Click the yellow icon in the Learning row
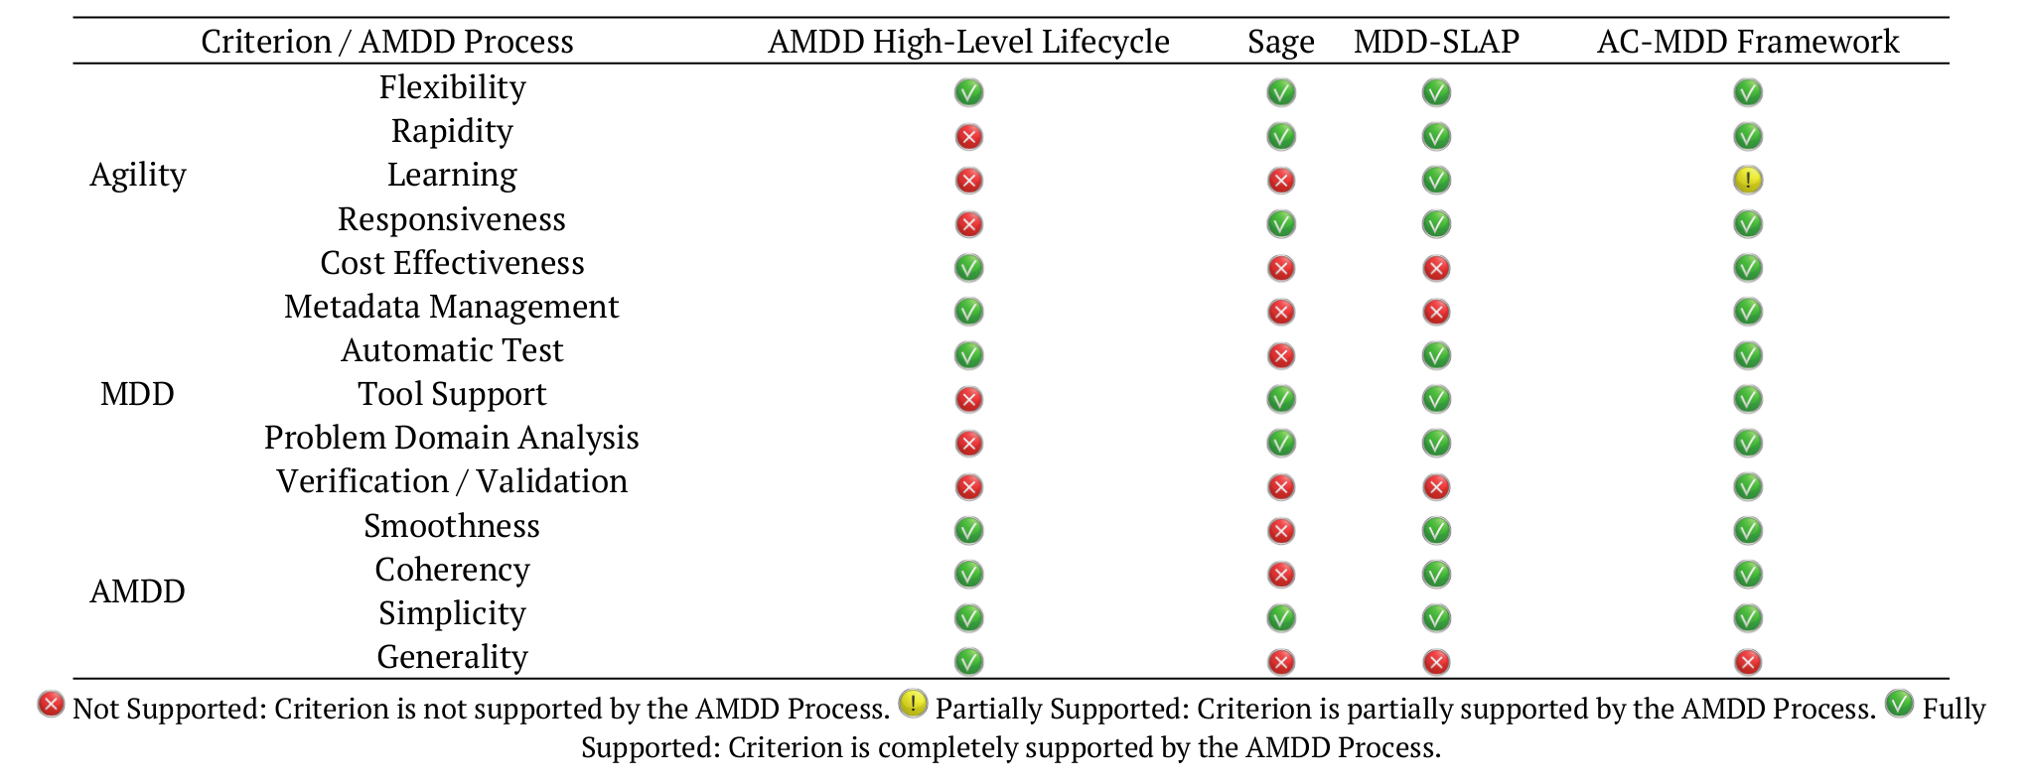tap(1747, 180)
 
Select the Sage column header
tap(1280, 42)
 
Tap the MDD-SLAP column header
tap(1435, 42)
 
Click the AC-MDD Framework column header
tap(1747, 42)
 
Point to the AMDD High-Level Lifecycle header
tap(968, 42)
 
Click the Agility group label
tap(138, 175)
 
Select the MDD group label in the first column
tap(138, 394)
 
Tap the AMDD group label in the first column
tap(138, 591)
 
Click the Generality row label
tap(452, 657)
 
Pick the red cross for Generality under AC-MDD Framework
tap(1747, 662)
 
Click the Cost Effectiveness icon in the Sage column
tap(1280, 268)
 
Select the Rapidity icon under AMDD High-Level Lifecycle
tap(968, 136)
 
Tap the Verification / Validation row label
tap(452, 481)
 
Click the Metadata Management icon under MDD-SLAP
tap(1435, 312)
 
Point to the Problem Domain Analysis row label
tap(452, 438)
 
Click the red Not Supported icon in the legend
tap(51, 705)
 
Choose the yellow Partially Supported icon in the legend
tap(912, 705)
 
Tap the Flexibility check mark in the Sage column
tap(1280, 92)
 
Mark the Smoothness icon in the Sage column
tap(1280, 531)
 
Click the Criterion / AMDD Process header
tap(387, 42)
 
